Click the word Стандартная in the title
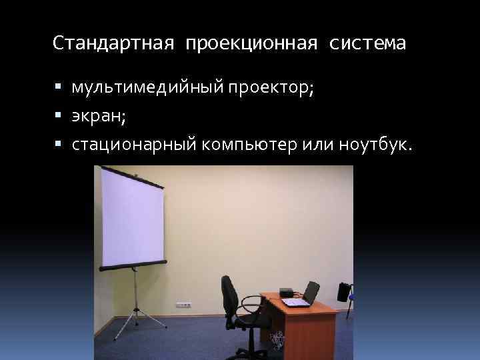tap(113, 44)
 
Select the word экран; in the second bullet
tap(99, 117)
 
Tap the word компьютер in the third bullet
tap(246, 145)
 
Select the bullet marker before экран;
tap(59, 116)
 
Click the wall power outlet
tap(183, 304)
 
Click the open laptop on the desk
tap(301, 296)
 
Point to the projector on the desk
tap(287, 291)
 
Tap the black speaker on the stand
tap(344, 292)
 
